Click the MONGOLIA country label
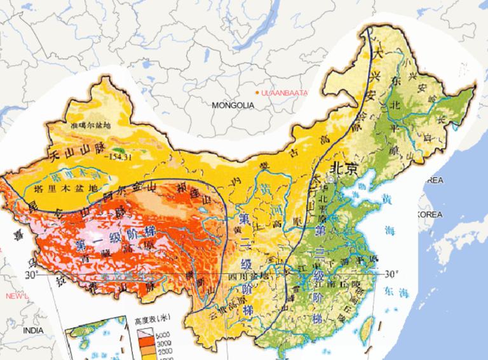click(233, 105)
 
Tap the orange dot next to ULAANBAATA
click(257, 93)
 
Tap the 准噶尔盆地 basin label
click(91, 126)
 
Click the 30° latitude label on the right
click(393, 274)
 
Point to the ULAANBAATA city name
click(284, 93)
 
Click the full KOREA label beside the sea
click(430, 215)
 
